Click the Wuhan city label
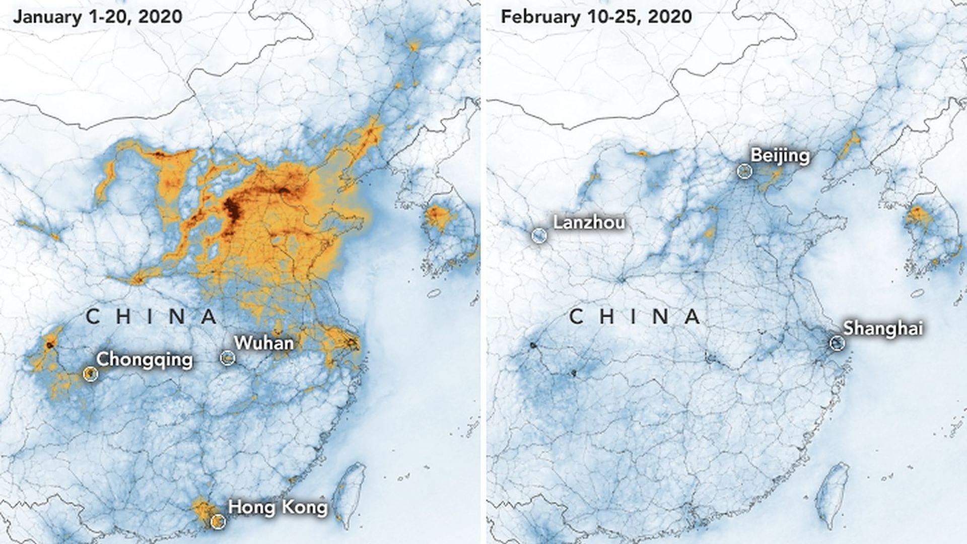coord(263,344)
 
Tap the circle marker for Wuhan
coord(228,358)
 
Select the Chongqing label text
coord(145,360)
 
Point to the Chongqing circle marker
coord(90,374)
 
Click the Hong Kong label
coord(278,507)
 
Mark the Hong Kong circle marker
coord(218,521)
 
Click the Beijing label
coord(780,156)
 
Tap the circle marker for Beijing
coord(744,172)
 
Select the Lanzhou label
coord(589,222)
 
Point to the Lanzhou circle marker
coord(539,235)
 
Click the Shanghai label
coord(883,328)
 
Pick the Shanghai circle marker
coord(837,344)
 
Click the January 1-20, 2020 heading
coord(97,17)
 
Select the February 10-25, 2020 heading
coord(596,17)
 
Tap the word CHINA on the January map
coord(151,317)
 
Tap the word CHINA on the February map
coord(635,317)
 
